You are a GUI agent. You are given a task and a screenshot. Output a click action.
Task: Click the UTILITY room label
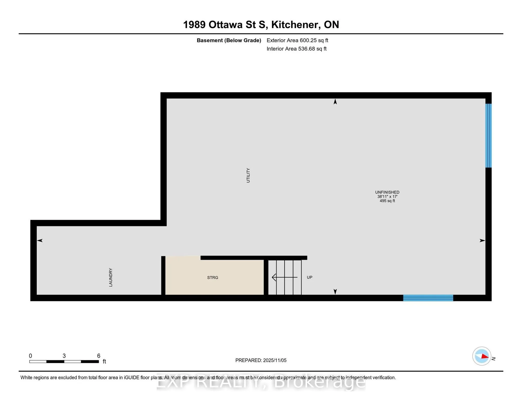[248, 175]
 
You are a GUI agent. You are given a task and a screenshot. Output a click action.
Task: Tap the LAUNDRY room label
[111, 277]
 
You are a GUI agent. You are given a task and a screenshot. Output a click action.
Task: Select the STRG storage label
[213, 277]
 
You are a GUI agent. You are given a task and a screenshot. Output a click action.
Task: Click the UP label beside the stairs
[309, 277]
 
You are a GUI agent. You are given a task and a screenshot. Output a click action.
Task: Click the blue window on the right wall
[488, 136]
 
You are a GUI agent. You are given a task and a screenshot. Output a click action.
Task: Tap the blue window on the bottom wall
[428, 298]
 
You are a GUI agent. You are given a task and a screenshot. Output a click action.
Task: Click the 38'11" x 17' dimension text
[387, 197]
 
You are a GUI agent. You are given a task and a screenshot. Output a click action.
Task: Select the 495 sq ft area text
[387, 201]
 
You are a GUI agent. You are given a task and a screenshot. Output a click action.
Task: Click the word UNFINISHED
[387, 192]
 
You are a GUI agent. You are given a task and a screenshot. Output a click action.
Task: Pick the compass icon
[481, 356]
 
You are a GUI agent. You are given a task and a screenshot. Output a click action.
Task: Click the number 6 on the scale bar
[99, 356]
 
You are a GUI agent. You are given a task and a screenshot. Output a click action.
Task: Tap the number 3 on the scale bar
[64, 356]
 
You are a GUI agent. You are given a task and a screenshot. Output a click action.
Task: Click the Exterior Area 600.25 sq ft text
[297, 40]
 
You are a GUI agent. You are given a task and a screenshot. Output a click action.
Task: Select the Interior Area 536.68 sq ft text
[296, 49]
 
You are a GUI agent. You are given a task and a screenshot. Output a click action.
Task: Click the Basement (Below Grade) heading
[229, 40]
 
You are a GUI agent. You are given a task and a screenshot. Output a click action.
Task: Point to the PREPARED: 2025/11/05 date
[261, 360]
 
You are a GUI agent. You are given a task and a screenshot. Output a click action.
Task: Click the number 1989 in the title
[194, 25]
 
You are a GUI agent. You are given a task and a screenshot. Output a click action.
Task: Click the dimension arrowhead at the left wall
[40, 240]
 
